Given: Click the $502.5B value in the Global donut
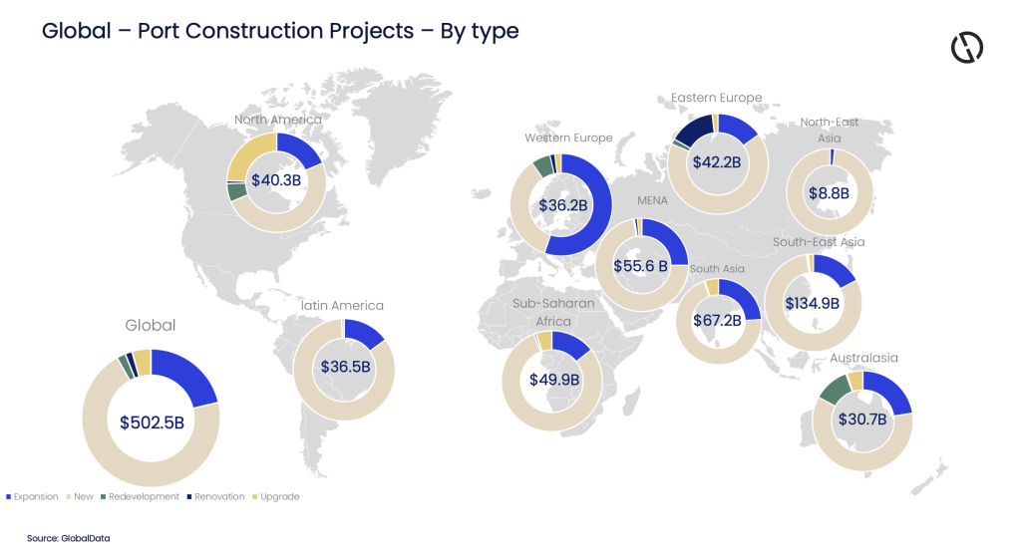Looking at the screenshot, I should [152, 421].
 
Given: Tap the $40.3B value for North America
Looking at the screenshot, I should [276, 180].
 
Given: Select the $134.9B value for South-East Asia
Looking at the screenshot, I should [812, 303].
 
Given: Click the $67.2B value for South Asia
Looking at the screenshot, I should [717, 320].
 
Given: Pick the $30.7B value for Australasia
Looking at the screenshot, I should [862, 419].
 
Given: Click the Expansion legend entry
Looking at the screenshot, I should [34, 496].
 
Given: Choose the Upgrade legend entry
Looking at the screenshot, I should [279, 496].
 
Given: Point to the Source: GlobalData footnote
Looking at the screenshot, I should [69, 538].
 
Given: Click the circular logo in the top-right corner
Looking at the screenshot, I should [966, 47].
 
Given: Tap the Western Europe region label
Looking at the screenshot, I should [568, 138].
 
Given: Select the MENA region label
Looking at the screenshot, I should [652, 199].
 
